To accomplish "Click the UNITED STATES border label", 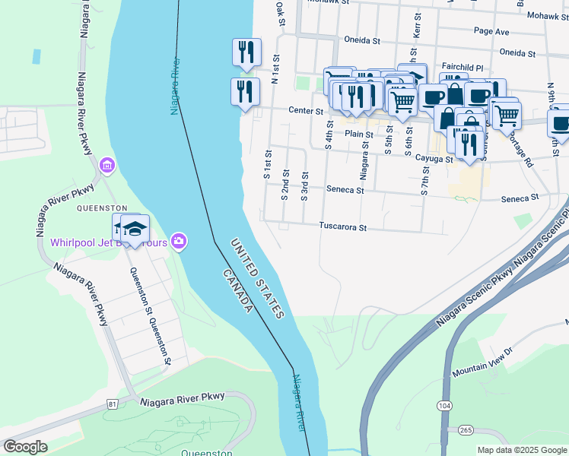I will click(x=258, y=277).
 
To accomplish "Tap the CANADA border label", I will click(x=237, y=290).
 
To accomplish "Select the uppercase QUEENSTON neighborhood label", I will click(x=101, y=207).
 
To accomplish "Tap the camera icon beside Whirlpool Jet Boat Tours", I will click(x=179, y=241).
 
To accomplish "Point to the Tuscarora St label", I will click(x=343, y=226).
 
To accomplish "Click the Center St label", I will click(x=306, y=111).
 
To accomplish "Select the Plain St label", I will click(x=358, y=134).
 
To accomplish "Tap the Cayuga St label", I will click(x=434, y=159).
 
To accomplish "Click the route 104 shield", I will click(x=444, y=407).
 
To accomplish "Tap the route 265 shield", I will click(x=465, y=430).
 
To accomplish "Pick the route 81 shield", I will click(x=113, y=403).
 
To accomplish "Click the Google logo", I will click(x=25, y=447).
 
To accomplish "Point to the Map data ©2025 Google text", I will click(x=521, y=450).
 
